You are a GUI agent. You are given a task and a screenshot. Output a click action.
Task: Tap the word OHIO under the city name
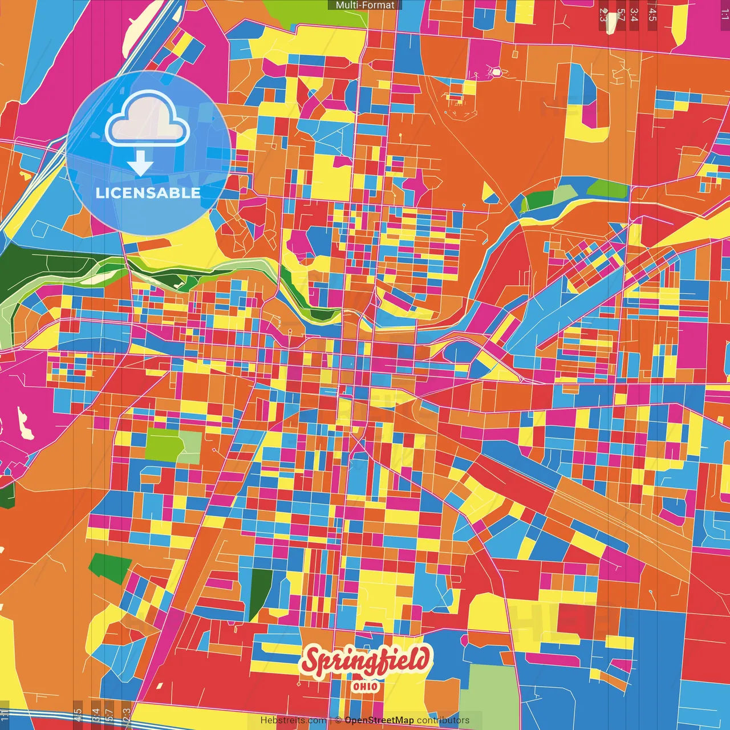[365, 686]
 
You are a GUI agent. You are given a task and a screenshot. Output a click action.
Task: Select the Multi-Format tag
[365, 5]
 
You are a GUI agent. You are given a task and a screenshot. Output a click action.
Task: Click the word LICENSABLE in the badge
[148, 193]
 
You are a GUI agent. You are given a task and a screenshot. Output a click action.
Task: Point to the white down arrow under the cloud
[140, 165]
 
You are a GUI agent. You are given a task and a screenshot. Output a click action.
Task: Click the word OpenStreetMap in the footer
[379, 720]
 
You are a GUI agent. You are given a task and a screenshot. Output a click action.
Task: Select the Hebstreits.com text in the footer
[293, 720]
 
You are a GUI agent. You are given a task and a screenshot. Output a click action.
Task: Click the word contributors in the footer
[443, 720]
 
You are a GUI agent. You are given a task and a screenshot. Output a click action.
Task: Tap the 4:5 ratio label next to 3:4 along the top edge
[652, 15]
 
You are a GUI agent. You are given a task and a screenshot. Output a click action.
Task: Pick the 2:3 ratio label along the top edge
[603, 15]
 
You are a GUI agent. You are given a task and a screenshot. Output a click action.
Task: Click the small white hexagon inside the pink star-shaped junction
[496, 72]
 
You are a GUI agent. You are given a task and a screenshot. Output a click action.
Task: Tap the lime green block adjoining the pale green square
[161, 445]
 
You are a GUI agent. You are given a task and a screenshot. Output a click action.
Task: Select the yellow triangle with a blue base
[489, 194]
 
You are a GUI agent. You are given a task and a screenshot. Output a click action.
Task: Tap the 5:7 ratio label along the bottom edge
[109, 715]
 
